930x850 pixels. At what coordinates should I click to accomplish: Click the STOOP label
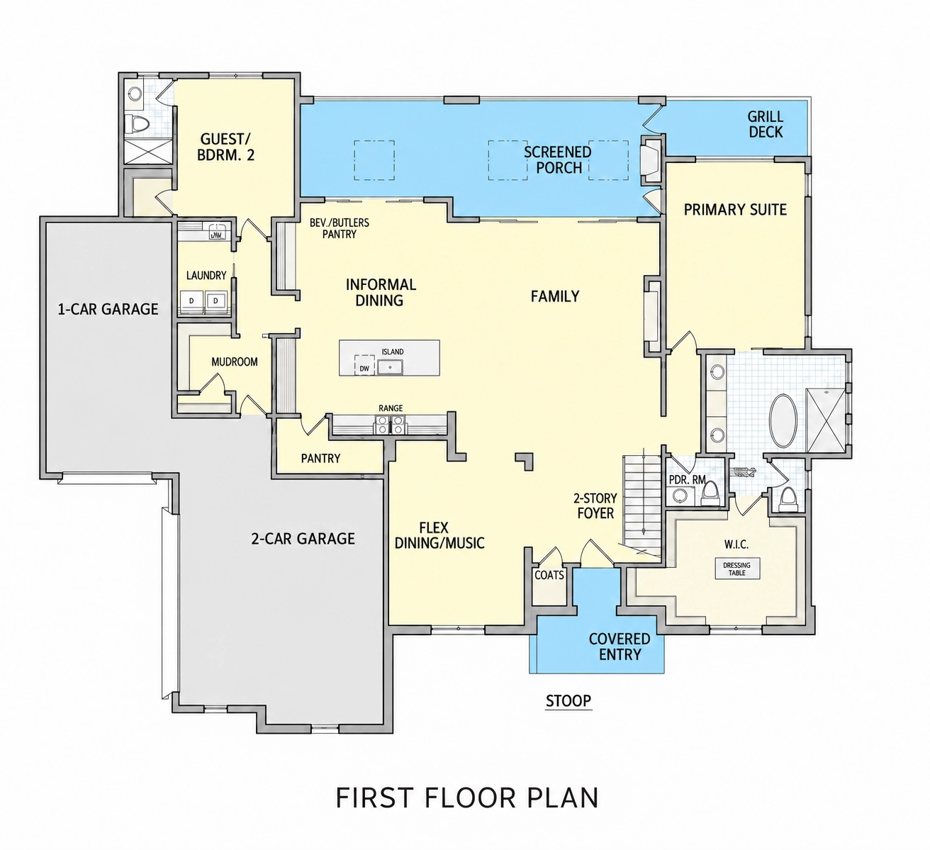click(x=568, y=700)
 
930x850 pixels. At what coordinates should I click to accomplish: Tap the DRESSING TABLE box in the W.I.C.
click(x=736, y=569)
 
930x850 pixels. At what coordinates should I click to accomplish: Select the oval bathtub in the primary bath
click(x=783, y=421)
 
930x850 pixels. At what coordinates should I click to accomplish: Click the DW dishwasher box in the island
click(x=364, y=365)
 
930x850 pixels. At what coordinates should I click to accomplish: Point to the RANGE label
click(x=391, y=408)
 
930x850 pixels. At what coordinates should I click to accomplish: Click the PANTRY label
click(x=321, y=459)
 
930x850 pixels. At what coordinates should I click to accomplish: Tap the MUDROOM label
click(x=235, y=362)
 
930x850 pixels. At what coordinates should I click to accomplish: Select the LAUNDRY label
click(x=206, y=276)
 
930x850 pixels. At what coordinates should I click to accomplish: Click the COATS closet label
click(x=549, y=576)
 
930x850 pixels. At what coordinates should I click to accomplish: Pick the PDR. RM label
click(x=688, y=480)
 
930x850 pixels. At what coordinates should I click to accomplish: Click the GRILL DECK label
click(x=766, y=124)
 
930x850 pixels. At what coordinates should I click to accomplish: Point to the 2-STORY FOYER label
click(x=595, y=506)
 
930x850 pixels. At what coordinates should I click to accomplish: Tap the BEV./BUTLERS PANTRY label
click(x=340, y=228)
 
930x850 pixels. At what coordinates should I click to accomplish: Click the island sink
click(x=390, y=367)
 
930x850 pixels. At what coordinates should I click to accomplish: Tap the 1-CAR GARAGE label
click(x=108, y=309)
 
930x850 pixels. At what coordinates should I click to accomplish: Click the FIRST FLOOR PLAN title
click(x=467, y=797)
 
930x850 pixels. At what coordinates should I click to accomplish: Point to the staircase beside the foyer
click(x=642, y=505)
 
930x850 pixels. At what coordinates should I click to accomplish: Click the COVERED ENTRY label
click(x=620, y=647)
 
